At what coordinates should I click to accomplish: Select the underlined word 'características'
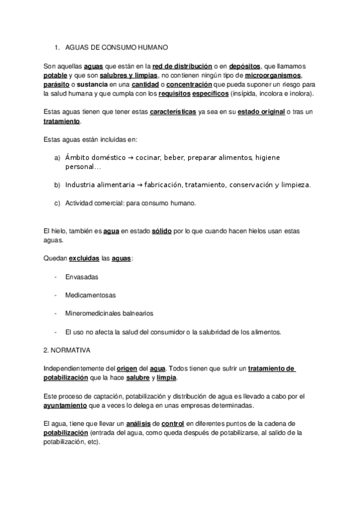point(173,112)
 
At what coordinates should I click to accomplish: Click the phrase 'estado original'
point(261,112)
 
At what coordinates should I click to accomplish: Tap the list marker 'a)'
point(57,158)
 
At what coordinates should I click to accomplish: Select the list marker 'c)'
point(57,203)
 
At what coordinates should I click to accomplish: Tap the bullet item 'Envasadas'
point(82,277)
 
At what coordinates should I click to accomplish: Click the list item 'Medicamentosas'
point(91,295)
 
